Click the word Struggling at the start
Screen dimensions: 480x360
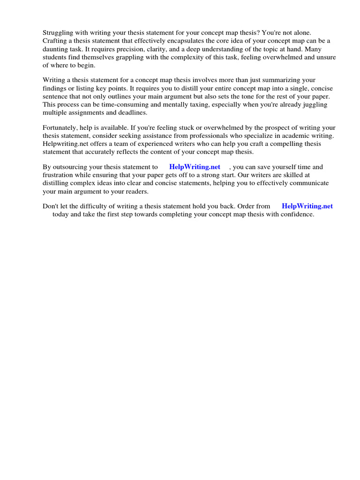[59, 32]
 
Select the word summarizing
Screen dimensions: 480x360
[283, 80]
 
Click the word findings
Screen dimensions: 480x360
[55, 89]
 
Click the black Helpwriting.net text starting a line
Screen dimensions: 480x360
[66, 144]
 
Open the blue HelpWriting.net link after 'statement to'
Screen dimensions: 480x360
[195, 167]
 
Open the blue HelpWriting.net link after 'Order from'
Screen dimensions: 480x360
[307, 206]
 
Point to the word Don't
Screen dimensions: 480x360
[51, 206]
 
